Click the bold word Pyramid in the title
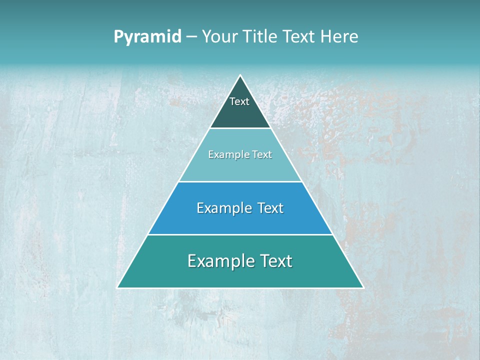(147, 37)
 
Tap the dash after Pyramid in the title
(191, 37)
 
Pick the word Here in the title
(340, 37)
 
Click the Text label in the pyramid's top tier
(239, 101)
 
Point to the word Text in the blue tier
(270, 208)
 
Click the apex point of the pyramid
(240, 75)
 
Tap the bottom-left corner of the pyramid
(117, 287)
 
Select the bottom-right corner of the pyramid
(363, 287)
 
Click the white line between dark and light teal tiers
(240, 128)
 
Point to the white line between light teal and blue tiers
(240, 181)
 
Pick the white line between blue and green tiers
(240, 234)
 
